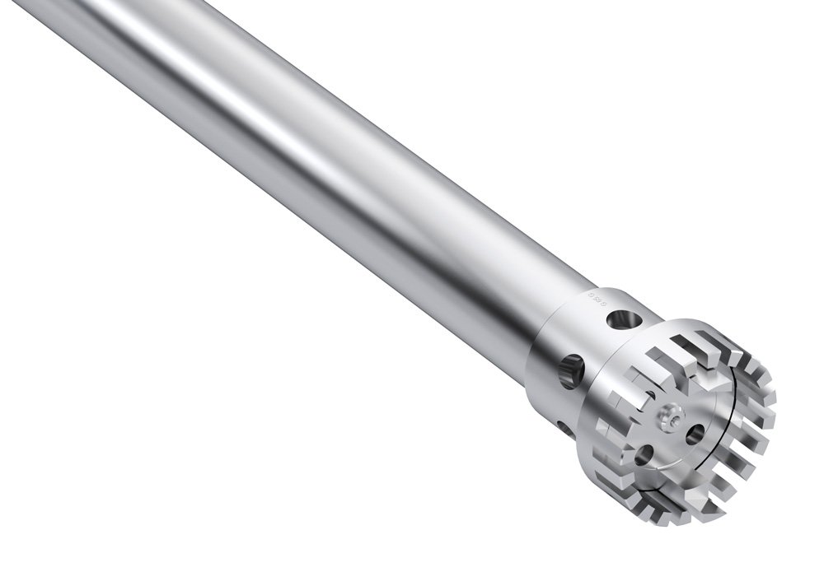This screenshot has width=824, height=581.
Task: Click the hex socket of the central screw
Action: click(x=669, y=418)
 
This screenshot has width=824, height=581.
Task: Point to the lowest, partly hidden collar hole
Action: click(x=562, y=427)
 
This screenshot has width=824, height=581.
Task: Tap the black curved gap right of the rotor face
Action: click(x=725, y=428)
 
